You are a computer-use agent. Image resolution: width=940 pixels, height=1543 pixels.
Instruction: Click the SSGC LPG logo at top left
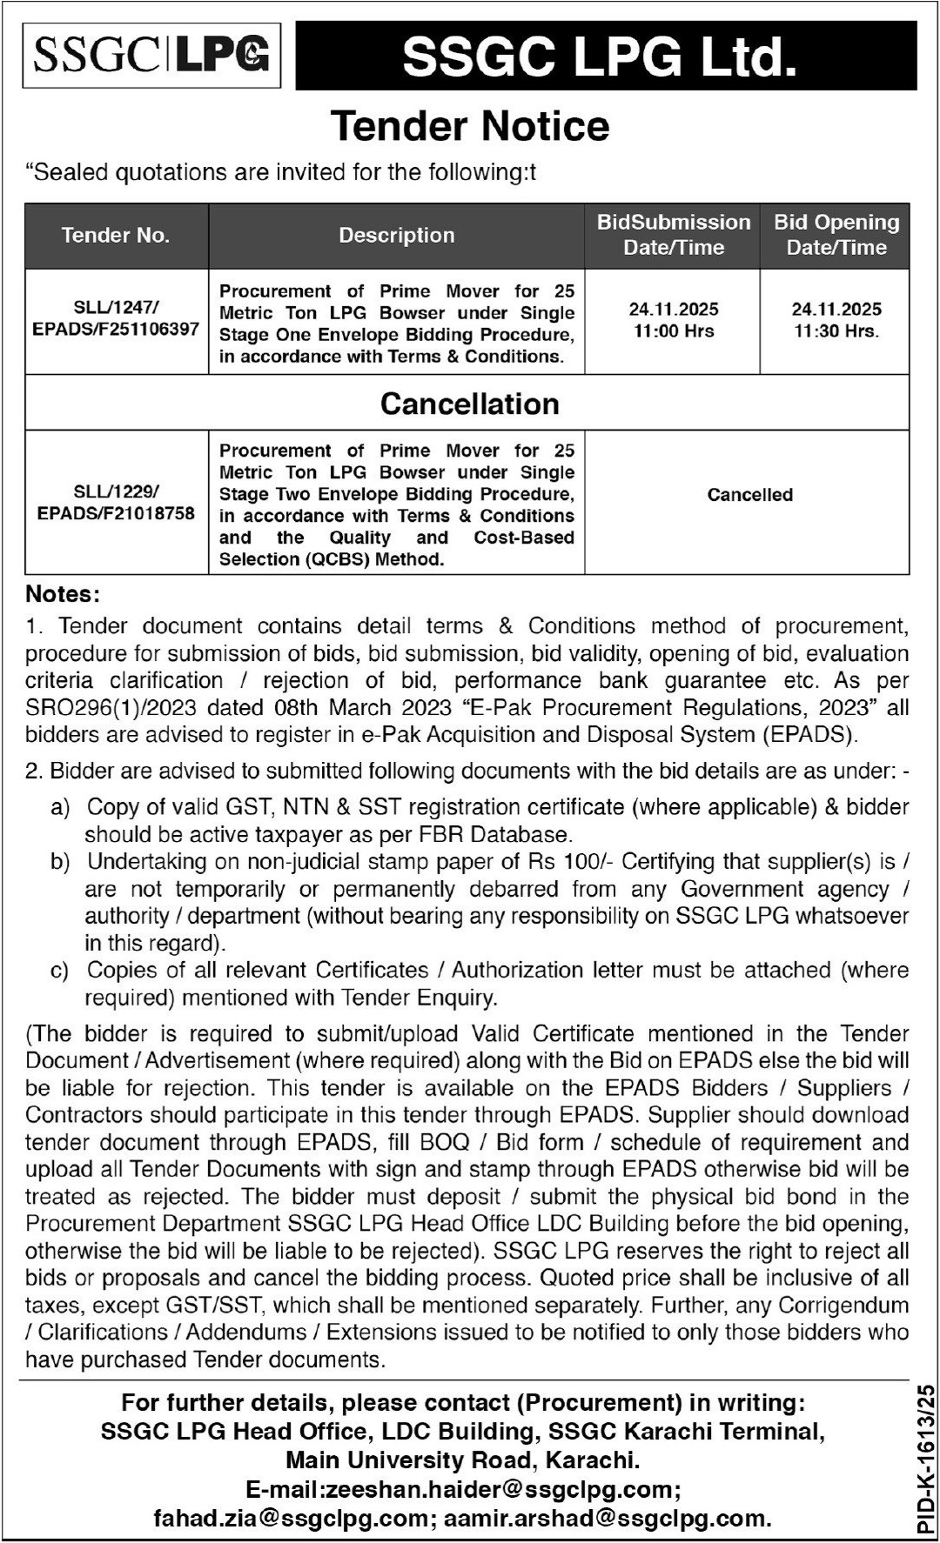click(x=151, y=55)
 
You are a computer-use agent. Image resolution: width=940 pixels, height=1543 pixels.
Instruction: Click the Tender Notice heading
click(x=470, y=126)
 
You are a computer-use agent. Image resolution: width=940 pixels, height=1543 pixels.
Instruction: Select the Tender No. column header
click(x=116, y=236)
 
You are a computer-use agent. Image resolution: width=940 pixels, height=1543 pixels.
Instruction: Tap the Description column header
click(x=397, y=236)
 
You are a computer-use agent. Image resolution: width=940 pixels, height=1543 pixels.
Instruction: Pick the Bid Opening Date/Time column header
click(x=836, y=235)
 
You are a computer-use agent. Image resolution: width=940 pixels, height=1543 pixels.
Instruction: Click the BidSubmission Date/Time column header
click(x=673, y=235)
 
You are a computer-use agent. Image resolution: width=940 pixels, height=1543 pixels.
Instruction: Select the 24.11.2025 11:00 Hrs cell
click(x=674, y=319)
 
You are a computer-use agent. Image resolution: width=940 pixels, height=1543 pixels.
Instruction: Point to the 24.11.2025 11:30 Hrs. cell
click(x=836, y=319)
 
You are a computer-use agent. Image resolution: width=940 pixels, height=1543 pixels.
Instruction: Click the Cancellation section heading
click(x=470, y=404)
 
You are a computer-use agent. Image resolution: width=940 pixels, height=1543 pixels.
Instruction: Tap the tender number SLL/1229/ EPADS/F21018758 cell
click(x=116, y=503)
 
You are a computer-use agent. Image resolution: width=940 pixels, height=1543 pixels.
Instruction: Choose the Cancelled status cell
click(x=749, y=495)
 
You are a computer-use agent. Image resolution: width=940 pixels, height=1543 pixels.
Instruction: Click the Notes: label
click(x=63, y=594)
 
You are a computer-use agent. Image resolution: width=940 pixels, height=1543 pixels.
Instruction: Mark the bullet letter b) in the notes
click(x=60, y=862)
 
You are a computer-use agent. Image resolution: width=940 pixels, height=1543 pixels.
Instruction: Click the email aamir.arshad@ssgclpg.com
click(x=607, y=1519)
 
